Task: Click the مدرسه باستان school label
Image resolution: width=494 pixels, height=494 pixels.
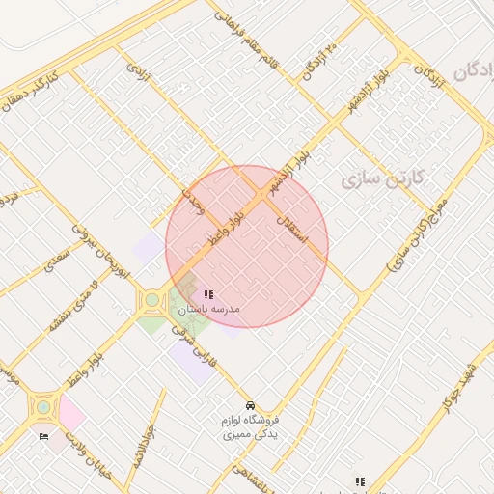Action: tap(209, 309)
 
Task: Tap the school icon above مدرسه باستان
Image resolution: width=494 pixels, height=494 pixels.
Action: tap(208, 294)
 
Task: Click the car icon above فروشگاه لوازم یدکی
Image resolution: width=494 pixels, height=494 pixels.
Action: tap(251, 405)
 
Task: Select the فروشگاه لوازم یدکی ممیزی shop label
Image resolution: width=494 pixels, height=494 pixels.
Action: tap(250, 427)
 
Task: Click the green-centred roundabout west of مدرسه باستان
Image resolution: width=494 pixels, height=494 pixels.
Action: tap(151, 299)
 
